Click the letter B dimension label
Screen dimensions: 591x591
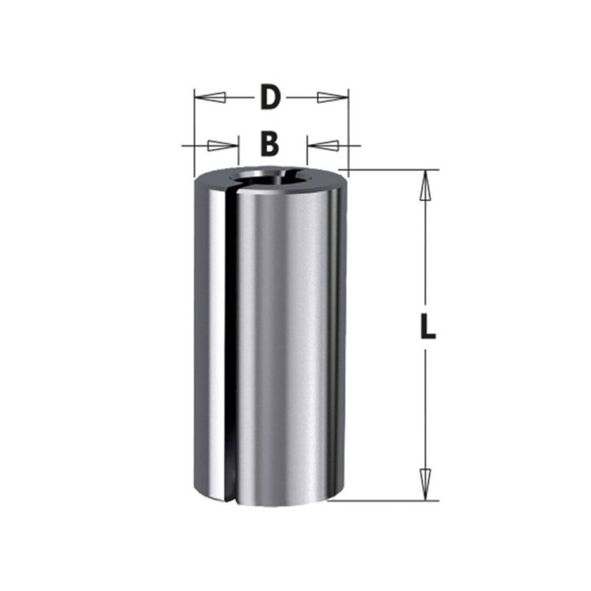pos(270,143)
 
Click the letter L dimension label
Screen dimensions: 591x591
pos(428,326)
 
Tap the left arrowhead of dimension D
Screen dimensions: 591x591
pos(210,98)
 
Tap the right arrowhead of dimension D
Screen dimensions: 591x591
pos(333,97)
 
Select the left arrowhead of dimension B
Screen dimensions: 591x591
pos(224,146)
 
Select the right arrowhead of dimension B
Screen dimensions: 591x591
pos(323,145)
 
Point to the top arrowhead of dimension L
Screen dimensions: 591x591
pos(426,185)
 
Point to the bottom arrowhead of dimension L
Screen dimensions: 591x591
pos(426,485)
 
